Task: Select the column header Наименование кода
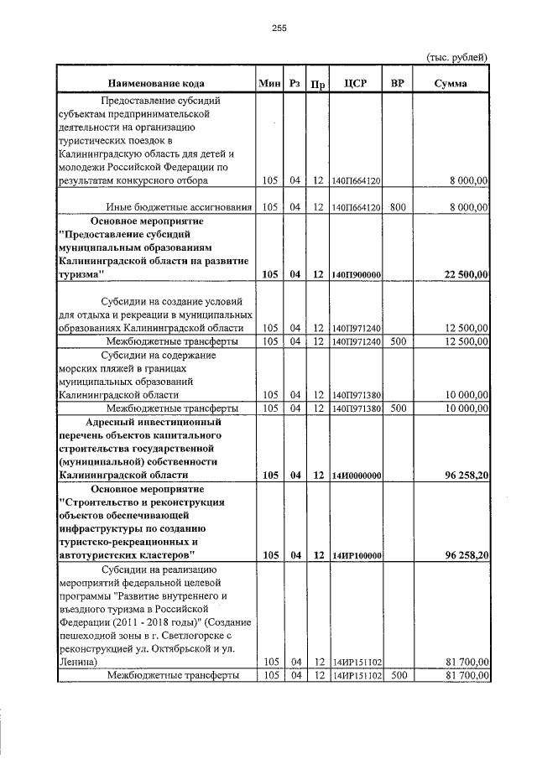click(x=155, y=83)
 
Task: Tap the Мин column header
click(x=269, y=83)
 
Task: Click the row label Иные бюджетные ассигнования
click(x=180, y=206)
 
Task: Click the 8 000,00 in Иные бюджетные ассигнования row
click(x=468, y=206)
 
